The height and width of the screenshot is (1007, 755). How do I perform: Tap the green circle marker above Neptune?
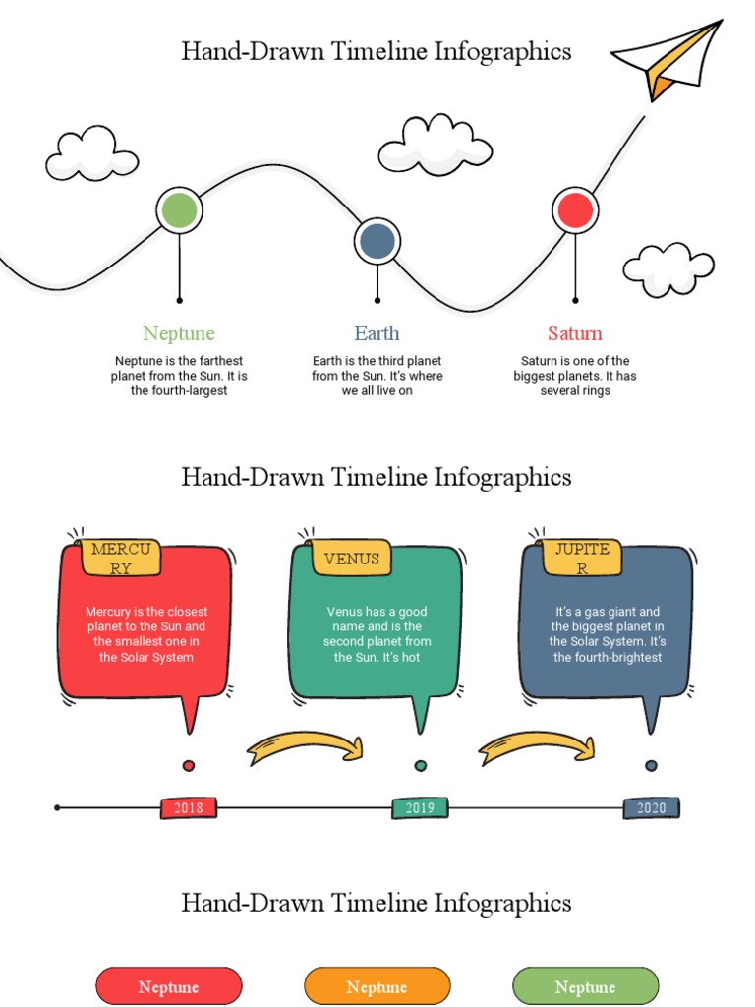[x=179, y=210]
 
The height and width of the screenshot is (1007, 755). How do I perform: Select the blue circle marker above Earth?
[x=377, y=241]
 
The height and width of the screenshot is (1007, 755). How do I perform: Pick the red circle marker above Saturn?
[x=575, y=210]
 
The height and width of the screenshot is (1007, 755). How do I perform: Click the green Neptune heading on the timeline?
[x=179, y=333]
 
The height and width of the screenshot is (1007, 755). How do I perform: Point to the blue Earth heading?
[x=377, y=333]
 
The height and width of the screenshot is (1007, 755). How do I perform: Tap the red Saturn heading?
[x=575, y=333]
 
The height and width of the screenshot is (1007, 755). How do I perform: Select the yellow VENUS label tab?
[x=351, y=559]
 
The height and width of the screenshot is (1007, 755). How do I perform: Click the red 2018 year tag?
[x=189, y=808]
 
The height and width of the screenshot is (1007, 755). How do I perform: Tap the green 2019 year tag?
[x=420, y=808]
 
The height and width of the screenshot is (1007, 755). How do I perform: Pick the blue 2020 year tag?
[x=651, y=808]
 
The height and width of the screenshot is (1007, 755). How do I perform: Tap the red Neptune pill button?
[x=168, y=986]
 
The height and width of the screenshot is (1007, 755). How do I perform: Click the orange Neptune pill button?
[x=377, y=986]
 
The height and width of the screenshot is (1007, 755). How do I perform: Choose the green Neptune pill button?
[x=585, y=986]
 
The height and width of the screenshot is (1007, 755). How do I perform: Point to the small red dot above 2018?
[x=189, y=766]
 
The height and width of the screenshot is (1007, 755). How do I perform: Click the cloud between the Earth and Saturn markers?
[x=435, y=145]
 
